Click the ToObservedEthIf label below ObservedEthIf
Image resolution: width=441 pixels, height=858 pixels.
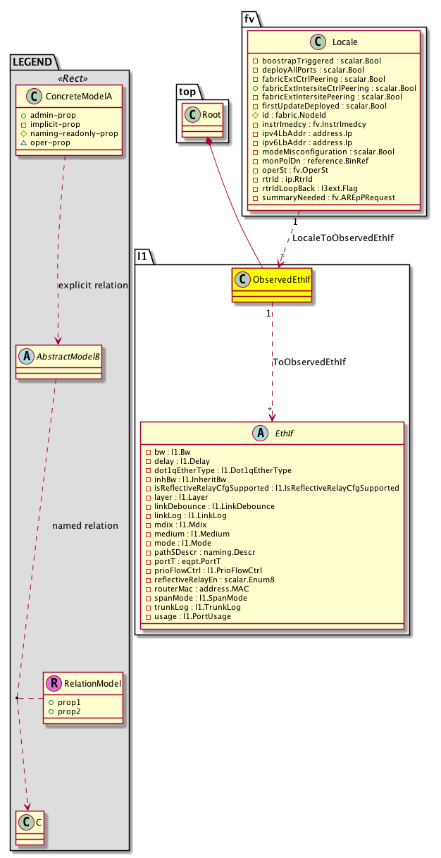(x=309, y=362)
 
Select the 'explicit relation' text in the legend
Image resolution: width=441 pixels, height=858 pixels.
(x=93, y=286)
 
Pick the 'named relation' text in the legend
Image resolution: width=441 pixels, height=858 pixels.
(x=85, y=526)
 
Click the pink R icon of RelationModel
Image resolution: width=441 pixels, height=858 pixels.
(x=54, y=682)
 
